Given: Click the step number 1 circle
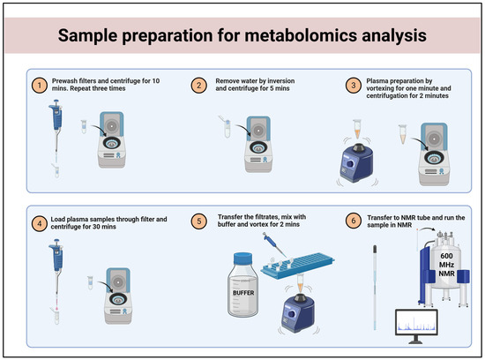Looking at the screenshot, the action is click(40, 86).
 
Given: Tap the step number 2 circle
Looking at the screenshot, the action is click(199, 86).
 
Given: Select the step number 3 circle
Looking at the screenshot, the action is click(354, 86).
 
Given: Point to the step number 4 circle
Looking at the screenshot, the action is click(40, 223).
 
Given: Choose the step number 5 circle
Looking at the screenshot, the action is click(199, 221).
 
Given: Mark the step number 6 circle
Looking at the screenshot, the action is click(354, 221).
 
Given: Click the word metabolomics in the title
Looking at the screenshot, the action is click(301, 35).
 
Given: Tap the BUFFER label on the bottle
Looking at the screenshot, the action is click(243, 293).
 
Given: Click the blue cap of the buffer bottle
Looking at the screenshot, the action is click(242, 259).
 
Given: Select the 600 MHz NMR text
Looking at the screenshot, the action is click(446, 265).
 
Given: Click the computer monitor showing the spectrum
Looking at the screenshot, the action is click(416, 326).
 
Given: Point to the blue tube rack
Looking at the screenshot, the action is click(297, 266).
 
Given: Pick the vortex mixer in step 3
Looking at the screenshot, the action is click(356, 162).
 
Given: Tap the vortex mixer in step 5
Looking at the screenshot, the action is click(297, 313).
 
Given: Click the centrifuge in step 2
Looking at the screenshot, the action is click(258, 144).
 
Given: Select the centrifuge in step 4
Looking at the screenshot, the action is click(118, 296).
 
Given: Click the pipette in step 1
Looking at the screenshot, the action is click(56, 131).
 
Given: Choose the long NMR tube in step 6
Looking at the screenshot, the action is click(375, 288).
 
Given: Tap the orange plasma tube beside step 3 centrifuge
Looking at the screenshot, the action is click(402, 134).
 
